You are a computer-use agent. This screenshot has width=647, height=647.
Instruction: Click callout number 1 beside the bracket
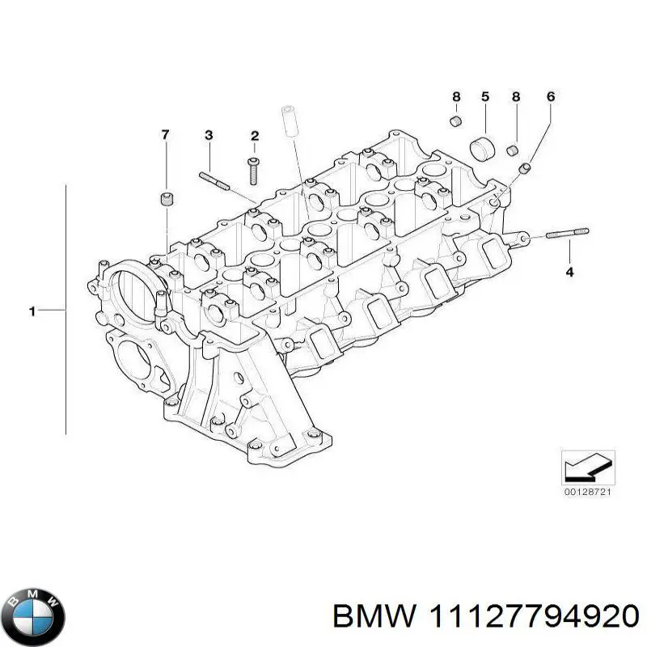pyautogui.click(x=32, y=310)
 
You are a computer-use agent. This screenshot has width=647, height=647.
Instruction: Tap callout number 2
pyautogui.click(x=254, y=135)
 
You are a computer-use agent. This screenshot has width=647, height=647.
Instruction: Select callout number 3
pyautogui.click(x=208, y=135)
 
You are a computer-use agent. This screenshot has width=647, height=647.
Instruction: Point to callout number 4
pyautogui.click(x=569, y=272)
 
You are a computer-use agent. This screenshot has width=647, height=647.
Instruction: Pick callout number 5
pyautogui.click(x=485, y=97)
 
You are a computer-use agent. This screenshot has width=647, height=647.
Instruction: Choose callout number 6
pyautogui.click(x=551, y=97)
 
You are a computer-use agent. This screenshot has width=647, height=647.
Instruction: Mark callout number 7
pyautogui.click(x=166, y=135)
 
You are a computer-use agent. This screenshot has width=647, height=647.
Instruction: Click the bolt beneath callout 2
pyautogui.click(x=253, y=171)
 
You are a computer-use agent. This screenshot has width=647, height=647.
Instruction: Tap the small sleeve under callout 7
pyautogui.click(x=167, y=198)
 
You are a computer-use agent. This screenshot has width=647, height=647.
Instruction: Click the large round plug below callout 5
pyautogui.click(x=484, y=150)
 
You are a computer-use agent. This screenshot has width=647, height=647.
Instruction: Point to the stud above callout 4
pyautogui.click(x=567, y=235)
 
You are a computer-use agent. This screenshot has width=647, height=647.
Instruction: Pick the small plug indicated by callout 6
pyautogui.click(x=525, y=168)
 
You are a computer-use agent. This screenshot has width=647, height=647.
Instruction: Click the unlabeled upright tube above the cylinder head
pyautogui.click(x=289, y=122)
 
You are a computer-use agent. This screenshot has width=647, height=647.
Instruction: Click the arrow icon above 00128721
pyautogui.click(x=587, y=466)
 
